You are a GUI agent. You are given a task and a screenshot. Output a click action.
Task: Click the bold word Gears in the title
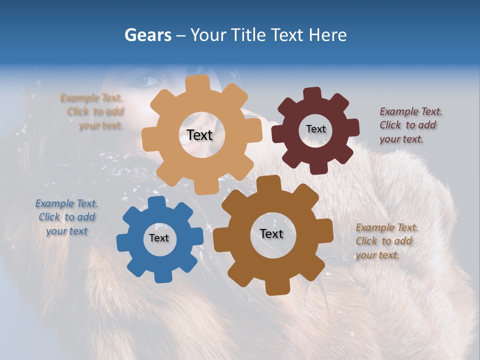tap(148, 35)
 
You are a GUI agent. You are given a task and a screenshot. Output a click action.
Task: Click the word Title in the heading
tap(250, 35)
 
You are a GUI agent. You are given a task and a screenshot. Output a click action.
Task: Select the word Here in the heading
tap(327, 35)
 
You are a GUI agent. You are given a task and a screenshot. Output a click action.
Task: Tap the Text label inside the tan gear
tap(199, 135)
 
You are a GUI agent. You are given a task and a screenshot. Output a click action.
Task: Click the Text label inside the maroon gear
tap(315, 129)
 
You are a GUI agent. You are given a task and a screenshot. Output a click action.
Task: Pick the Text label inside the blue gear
tap(159, 238)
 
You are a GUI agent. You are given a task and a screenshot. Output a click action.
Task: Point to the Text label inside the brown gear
tap(271, 233)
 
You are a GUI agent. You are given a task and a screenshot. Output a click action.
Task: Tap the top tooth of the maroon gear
tap(312, 94)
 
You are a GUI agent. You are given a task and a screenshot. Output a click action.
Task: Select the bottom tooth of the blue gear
tap(163, 276)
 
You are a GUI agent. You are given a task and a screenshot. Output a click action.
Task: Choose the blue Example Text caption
tap(66, 217)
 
